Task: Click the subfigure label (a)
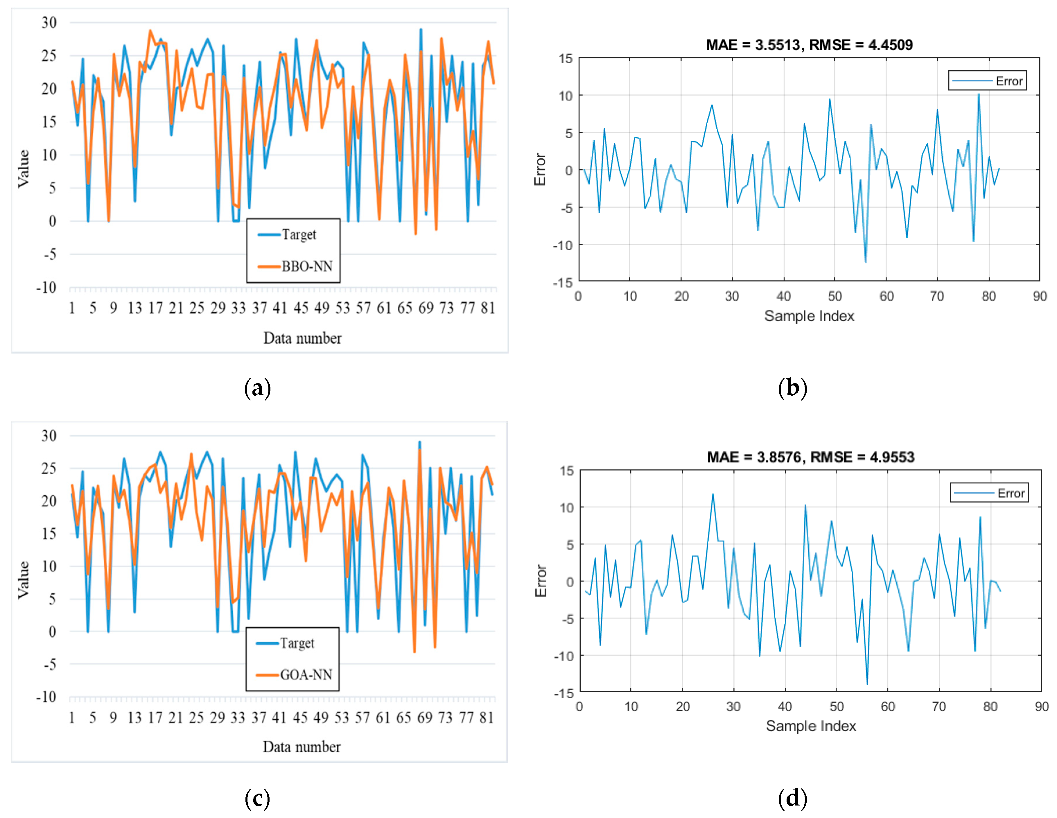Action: [x=257, y=388]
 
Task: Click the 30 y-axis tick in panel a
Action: [x=49, y=22]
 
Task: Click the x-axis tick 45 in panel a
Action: [x=301, y=308]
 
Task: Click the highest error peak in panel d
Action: [x=713, y=494]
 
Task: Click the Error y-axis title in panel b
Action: [x=540, y=169]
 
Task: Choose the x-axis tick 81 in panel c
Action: [x=487, y=717]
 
